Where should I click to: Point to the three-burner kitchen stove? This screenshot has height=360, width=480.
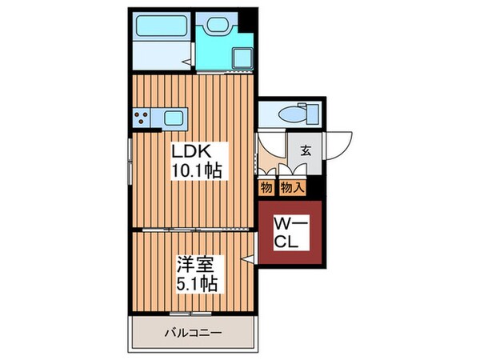pyautogui.click(x=142, y=119)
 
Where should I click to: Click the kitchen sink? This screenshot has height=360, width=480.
pyautogui.click(x=174, y=119)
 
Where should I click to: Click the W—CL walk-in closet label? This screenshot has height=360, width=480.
pyautogui.click(x=289, y=233)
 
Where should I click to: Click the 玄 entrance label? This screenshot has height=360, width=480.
pyautogui.click(x=306, y=150)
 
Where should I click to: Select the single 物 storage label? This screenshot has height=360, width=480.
pyautogui.click(x=266, y=188)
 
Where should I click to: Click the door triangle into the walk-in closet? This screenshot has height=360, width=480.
pyautogui.click(x=251, y=258)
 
